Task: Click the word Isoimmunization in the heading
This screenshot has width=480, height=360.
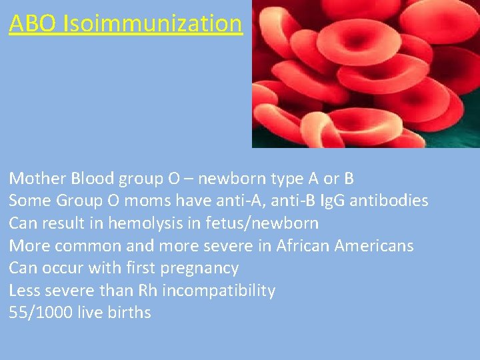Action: [x=153, y=23]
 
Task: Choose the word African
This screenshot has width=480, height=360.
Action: [x=296, y=246]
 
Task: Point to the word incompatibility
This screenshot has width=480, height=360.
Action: [x=219, y=291]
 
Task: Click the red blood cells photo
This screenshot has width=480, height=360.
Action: [x=365, y=73]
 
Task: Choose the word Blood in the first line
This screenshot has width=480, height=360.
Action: [x=92, y=179]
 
